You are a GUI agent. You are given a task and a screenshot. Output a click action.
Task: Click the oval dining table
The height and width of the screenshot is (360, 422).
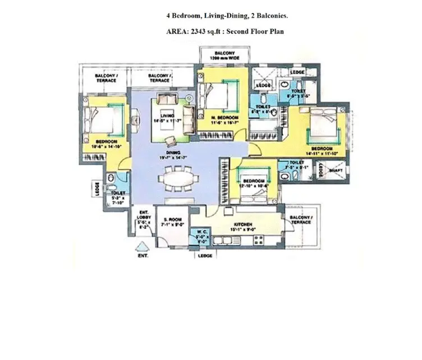coord(181,180)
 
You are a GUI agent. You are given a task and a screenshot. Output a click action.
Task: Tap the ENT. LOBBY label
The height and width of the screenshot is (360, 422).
coord(143,216)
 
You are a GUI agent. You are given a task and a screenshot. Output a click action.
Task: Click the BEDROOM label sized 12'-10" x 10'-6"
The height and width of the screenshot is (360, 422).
coord(254,181)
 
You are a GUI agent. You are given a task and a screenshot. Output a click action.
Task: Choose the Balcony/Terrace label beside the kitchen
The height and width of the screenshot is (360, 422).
coord(302,221)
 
